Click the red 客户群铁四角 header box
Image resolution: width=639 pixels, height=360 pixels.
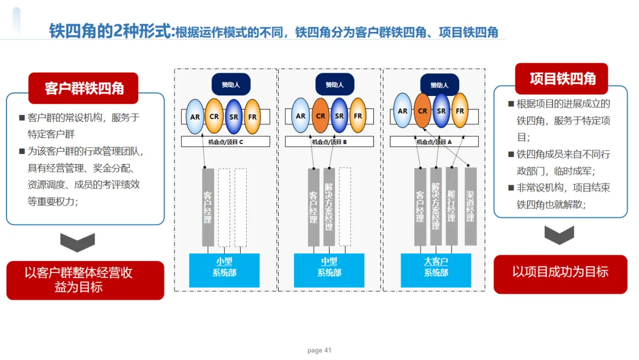pos(83,88)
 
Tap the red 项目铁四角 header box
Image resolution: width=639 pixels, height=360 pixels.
pos(561,79)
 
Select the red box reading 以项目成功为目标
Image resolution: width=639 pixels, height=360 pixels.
pos(560,273)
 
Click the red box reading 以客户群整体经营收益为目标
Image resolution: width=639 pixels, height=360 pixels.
pos(85,280)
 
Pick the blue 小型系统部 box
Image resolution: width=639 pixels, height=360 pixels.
pos(224,268)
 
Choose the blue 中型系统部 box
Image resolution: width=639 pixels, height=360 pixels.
pos(329,268)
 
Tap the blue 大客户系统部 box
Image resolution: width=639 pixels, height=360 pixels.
pos(435,268)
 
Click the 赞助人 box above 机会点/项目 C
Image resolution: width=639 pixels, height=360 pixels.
pos(231,85)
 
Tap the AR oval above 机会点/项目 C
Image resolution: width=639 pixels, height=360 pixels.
pos(195,116)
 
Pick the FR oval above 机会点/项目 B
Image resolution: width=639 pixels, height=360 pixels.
pos(358,116)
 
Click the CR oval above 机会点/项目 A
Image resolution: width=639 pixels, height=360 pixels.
pos(422,111)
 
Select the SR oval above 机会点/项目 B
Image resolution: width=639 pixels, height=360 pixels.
pos(339,116)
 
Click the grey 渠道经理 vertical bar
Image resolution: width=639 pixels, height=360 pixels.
pos(470,206)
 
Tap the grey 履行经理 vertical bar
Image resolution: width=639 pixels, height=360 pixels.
pos(451,206)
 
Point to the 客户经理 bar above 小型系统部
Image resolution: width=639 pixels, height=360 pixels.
pos(208,207)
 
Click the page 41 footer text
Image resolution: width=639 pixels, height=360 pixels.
pos(319,351)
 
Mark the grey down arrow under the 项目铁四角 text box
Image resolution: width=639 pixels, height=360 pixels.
pos(560,235)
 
